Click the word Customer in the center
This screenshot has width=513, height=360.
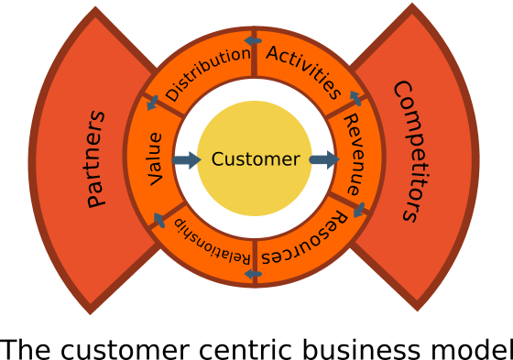point(255,159)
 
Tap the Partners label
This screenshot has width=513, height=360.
point(95,159)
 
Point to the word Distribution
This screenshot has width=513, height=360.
point(207,73)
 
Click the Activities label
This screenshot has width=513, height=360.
point(304,71)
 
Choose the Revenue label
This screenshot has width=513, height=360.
point(353,153)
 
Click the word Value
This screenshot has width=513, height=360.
point(155,158)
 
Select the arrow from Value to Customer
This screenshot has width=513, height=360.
point(186,160)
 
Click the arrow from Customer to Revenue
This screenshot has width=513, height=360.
point(324,160)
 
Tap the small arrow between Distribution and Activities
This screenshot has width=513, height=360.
point(253,40)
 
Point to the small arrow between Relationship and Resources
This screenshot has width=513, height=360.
point(253,273)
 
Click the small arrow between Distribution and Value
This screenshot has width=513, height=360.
point(152,103)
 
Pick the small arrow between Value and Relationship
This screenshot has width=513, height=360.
point(158,220)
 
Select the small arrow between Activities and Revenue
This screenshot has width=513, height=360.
point(355,98)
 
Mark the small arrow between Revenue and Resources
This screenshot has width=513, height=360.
point(359,210)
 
